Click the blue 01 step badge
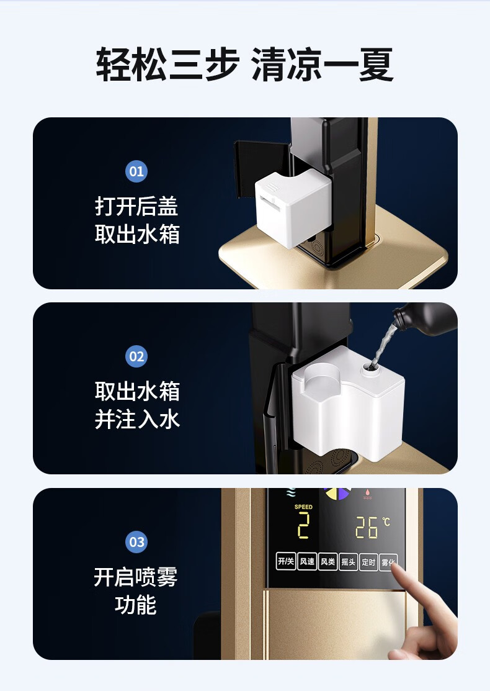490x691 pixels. (136, 171)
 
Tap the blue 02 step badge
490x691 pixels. (136, 356)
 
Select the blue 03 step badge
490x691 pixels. (136, 541)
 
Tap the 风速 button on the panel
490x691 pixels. (307, 561)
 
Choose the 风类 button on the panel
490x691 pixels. (328, 561)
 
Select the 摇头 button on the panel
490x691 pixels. (348, 561)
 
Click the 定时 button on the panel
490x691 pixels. (368, 562)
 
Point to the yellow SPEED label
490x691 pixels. (303, 507)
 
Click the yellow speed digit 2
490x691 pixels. (303, 526)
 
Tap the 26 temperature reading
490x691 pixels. (367, 528)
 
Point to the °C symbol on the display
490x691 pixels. (386, 522)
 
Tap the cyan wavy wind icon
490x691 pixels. (290, 492)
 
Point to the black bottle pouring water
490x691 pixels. (425, 318)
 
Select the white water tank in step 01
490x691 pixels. (292, 207)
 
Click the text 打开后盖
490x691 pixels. (136, 206)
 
